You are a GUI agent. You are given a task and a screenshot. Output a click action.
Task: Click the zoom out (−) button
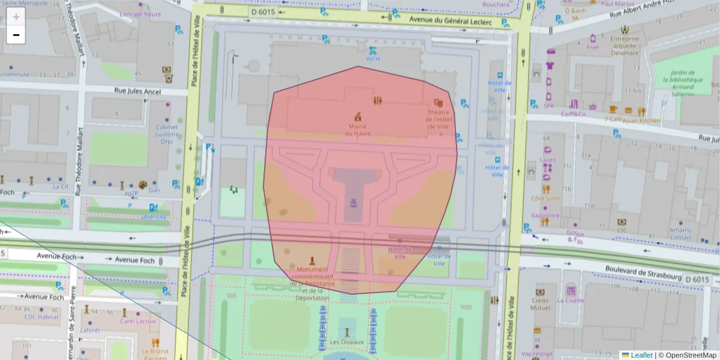click(16, 35)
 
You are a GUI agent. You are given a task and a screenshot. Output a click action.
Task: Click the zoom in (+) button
click(16, 17)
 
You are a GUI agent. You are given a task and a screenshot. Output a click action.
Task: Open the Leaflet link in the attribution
click(641, 355)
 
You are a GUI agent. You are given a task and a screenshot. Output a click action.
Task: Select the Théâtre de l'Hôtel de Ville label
click(437, 119)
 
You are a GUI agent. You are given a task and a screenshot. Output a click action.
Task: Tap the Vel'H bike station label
click(373, 59)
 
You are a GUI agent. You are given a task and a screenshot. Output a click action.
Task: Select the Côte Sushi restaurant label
click(545, 198)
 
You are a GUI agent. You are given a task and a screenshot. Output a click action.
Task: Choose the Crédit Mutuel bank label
click(541, 304)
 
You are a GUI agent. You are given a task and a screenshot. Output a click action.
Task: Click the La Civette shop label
click(571, 301)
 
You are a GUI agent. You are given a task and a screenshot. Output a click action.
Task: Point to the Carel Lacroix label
click(137, 321)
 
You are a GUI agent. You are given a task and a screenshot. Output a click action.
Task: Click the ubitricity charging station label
click(154, 217)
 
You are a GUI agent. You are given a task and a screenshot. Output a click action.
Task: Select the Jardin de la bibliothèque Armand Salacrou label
click(678, 83)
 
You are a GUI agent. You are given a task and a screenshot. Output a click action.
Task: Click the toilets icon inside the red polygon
click(378, 100)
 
